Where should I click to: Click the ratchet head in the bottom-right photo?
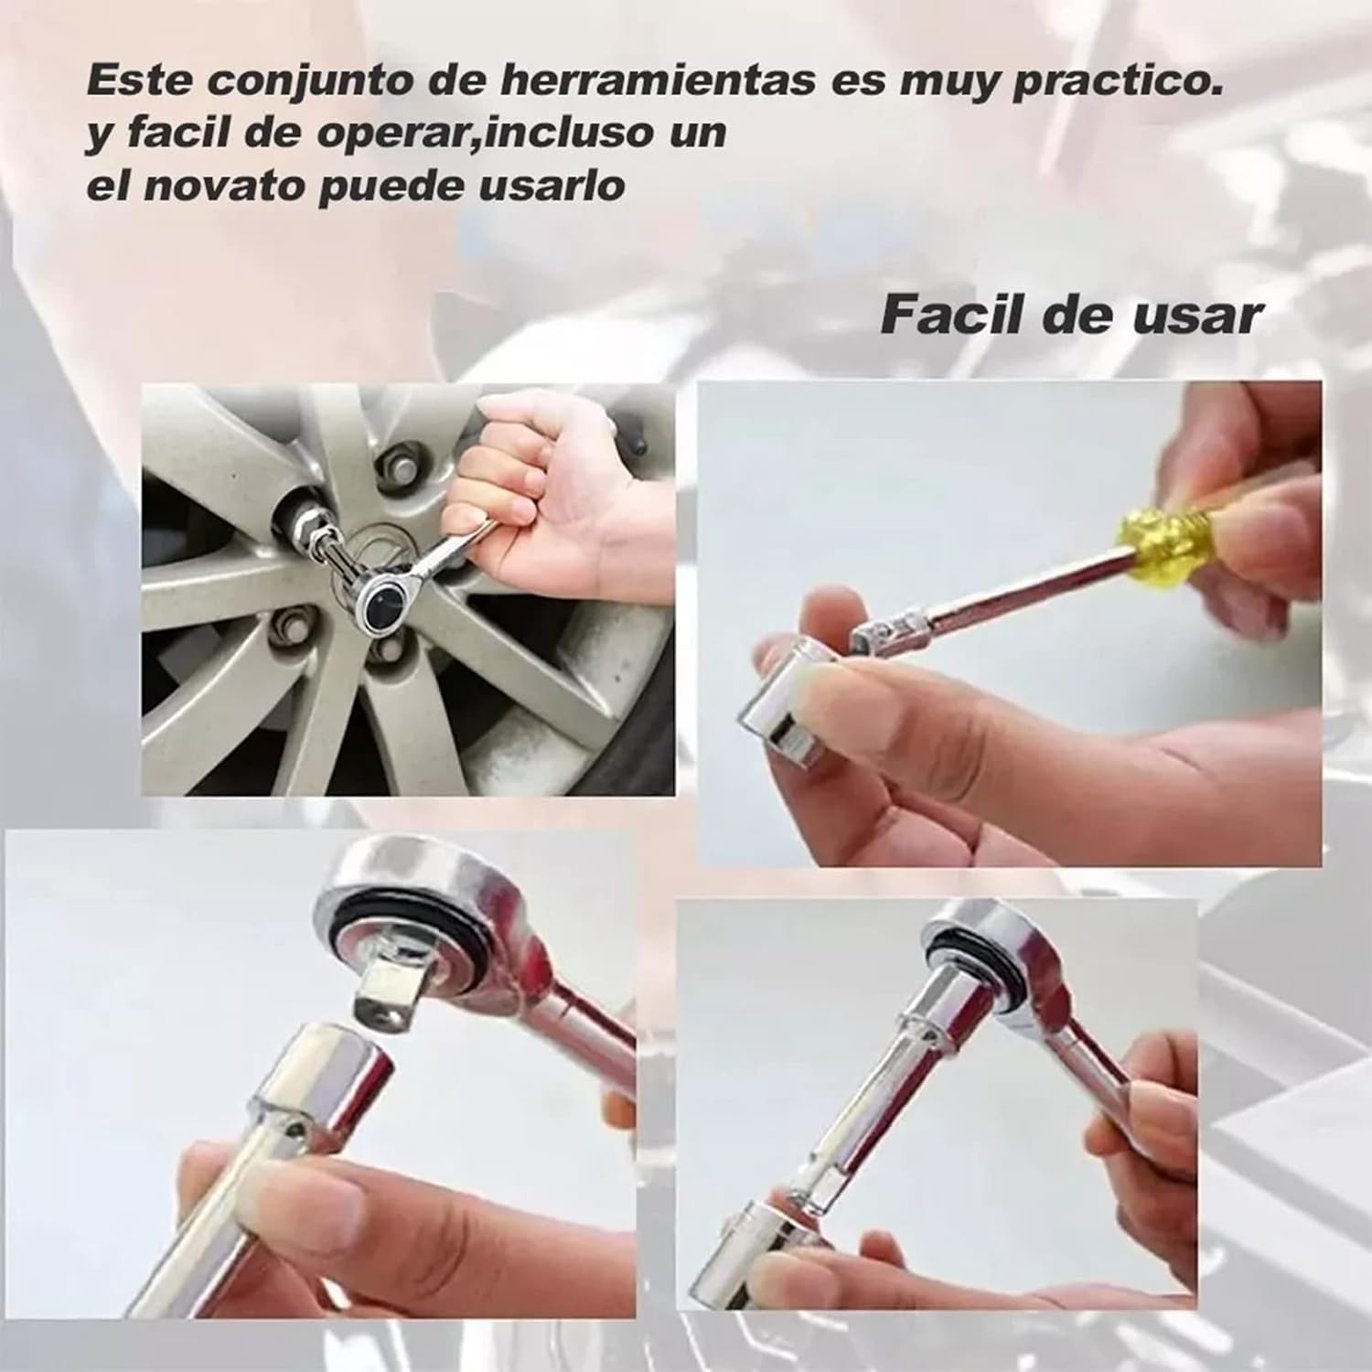pyautogui.click(x=988, y=960)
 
